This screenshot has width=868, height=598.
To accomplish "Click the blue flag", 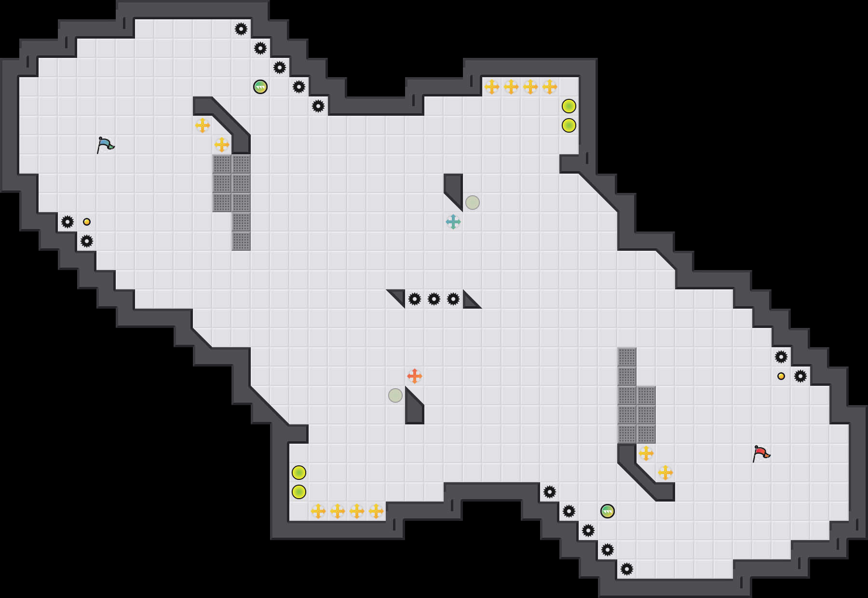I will tap(105, 145).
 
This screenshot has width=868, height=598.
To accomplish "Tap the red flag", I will tap(761, 453).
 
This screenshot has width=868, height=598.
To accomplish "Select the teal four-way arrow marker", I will tap(453, 222).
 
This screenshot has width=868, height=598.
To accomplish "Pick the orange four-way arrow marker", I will tap(415, 376).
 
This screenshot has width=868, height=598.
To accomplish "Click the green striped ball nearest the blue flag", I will tap(260, 87).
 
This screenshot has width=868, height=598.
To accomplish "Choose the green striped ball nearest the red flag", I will tap(608, 511).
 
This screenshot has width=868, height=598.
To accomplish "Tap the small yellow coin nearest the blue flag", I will tap(87, 222).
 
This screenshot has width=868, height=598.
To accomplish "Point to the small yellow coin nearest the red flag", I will tap(781, 376).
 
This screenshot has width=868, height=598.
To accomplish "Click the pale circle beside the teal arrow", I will tap(473, 203).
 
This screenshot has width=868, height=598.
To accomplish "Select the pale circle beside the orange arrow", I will tap(395, 395).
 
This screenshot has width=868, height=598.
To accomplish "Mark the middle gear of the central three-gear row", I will tap(434, 299).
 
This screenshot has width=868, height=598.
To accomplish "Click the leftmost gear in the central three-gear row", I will tap(415, 299).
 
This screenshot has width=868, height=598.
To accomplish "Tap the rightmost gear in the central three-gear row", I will tap(453, 299).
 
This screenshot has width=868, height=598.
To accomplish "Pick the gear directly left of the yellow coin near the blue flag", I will tap(68, 222).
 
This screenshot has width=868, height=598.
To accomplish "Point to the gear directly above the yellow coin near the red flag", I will tap(781, 357).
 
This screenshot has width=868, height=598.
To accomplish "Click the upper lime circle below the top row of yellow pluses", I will tap(569, 106).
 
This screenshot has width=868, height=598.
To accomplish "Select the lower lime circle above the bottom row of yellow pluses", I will tap(299, 492).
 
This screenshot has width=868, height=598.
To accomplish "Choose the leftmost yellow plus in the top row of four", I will tap(492, 87).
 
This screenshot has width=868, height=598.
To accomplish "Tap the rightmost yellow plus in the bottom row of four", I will tap(376, 511).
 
